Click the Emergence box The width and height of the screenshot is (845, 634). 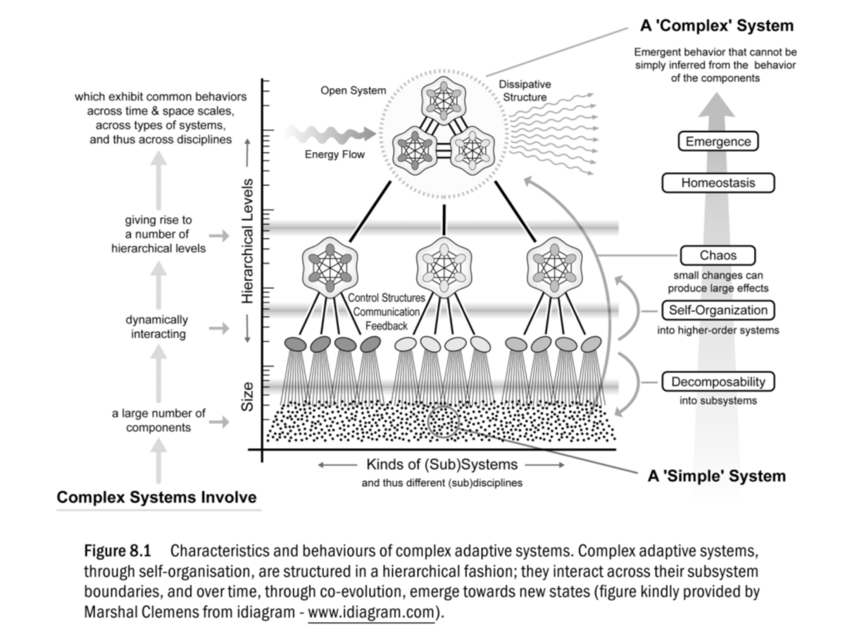tap(718, 142)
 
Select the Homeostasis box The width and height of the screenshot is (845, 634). tap(718, 182)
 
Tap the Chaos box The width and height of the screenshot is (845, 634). tap(718, 255)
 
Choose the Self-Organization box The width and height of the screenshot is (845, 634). tap(718, 310)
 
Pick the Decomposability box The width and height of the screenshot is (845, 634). tap(718, 382)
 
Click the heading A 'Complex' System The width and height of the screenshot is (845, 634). tap(717, 26)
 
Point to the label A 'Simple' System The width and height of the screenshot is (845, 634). tap(716, 476)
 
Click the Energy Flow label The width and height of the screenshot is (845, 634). tap(334, 154)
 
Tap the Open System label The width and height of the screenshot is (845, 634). tap(353, 90)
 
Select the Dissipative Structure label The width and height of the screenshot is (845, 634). tap(525, 90)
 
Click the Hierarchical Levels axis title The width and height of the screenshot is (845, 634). tap(247, 241)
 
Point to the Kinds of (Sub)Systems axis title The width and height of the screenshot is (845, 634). tap(442, 464)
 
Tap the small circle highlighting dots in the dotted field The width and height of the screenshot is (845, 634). tap(443, 422)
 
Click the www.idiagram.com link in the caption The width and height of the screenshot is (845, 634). tap(371, 611)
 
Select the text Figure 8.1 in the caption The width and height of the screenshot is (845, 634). tap(118, 551)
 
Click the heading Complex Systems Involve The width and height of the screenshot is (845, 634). tap(157, 497)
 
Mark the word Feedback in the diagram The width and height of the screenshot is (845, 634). tap(386, 326)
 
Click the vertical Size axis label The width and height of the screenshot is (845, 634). tap(247, 397)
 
